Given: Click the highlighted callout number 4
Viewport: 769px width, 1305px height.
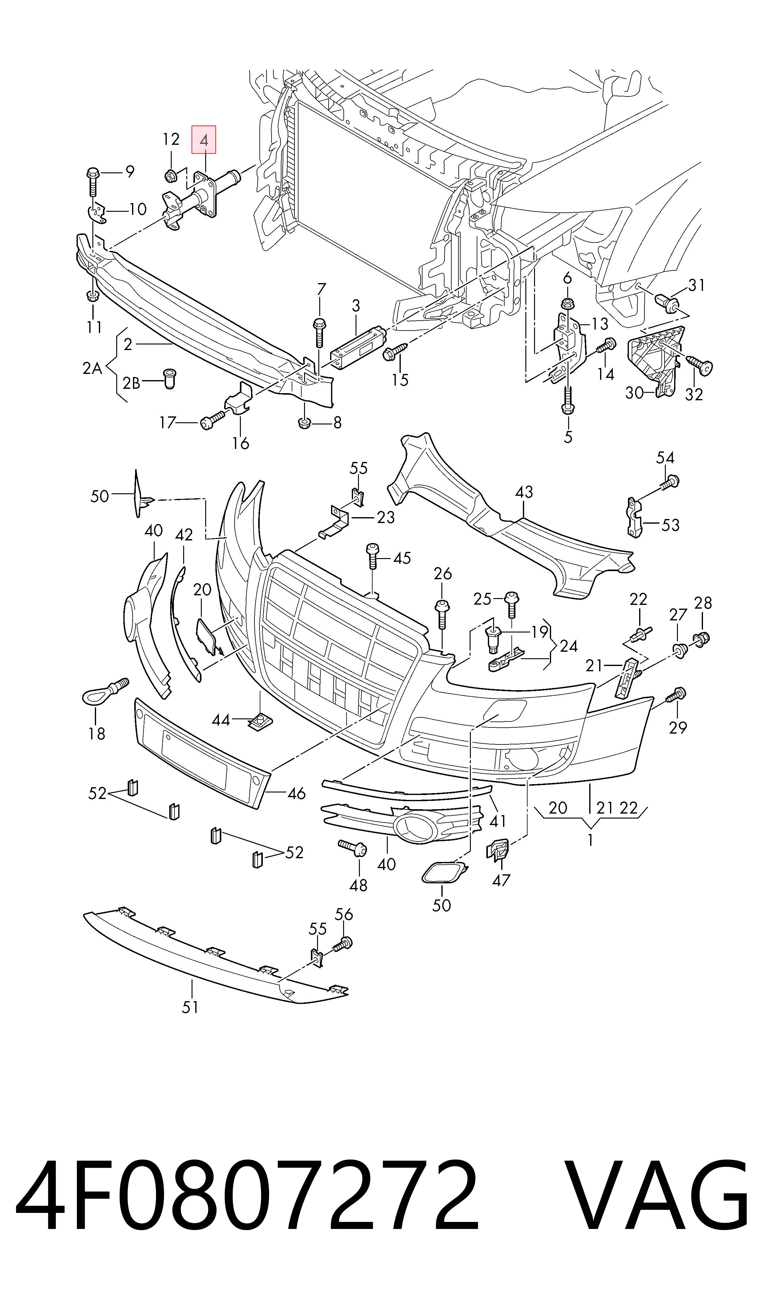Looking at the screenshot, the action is (204, 140).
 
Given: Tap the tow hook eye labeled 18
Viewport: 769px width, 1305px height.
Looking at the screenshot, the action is (105, 692).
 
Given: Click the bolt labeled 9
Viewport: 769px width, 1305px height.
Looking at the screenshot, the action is (93, 182).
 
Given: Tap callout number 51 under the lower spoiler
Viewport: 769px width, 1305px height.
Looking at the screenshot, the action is (190, 1007).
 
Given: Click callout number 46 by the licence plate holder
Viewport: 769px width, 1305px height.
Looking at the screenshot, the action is (296, 793).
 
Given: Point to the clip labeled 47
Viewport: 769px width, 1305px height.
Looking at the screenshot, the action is (497, 850).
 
